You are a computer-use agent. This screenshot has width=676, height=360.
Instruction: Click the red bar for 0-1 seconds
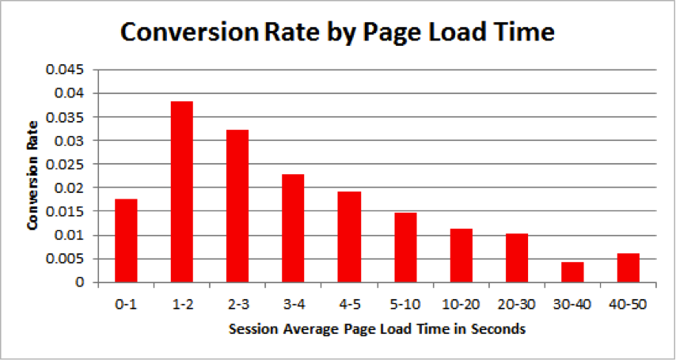126,241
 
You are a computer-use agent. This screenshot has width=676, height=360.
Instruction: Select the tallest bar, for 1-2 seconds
181,191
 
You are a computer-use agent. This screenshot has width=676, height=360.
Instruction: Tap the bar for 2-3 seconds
237,206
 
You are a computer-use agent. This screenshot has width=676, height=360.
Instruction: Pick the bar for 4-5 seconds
349,237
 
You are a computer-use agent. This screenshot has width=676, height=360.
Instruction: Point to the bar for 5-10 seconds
404,247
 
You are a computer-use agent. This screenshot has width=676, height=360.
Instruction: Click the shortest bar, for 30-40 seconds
572,272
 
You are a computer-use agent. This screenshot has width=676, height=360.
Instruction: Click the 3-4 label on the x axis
293,304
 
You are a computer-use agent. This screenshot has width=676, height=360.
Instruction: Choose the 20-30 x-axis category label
516,304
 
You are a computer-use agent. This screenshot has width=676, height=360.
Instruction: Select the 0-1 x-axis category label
126,304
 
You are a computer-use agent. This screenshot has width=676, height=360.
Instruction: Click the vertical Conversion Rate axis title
32,176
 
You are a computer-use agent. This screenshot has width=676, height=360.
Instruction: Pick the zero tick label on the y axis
92,282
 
